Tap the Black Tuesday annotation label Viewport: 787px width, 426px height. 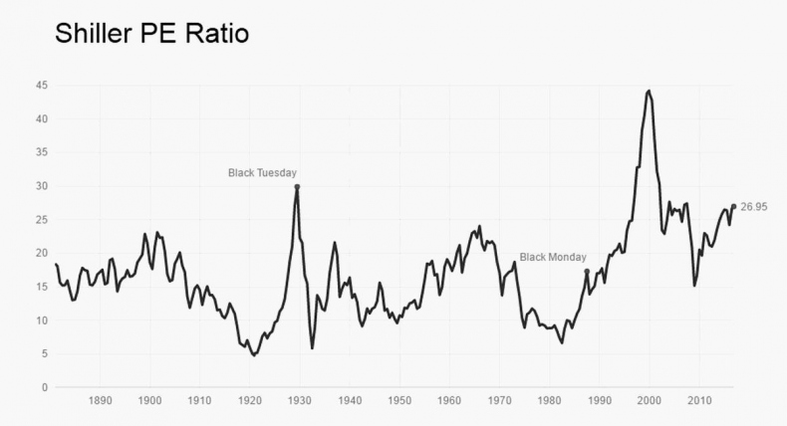pyautogui.click(x=263, y=172)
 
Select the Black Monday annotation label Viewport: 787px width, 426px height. pyautogui.click(x=553, y=257)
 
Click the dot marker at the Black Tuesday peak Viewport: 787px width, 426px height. pyautogui.click(x=297, y=187)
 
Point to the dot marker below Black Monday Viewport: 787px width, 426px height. pyautogui.click(x=587, y=272)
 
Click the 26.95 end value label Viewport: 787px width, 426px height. pyautogui.click(x=754, y=207)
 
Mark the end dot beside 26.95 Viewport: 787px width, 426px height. pyautogui.click(x=734, y=207)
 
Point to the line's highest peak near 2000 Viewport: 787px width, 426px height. pyautogui.click(x=649, y=91)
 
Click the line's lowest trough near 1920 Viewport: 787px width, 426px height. pyautogui.click(x=254, y=354)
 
